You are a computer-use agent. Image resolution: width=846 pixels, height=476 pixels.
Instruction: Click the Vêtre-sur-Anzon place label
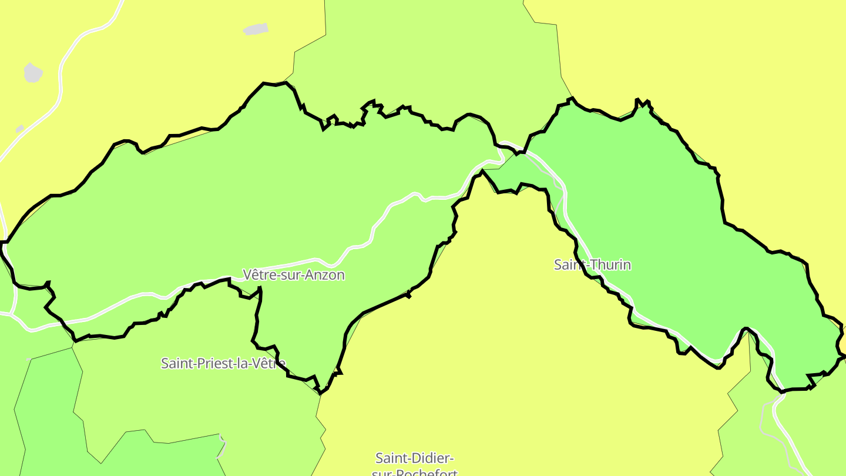(293, 274)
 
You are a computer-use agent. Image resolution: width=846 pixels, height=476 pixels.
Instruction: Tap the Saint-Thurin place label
(592, 264)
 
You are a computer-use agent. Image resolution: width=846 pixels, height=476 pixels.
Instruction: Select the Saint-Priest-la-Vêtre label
(223, 363)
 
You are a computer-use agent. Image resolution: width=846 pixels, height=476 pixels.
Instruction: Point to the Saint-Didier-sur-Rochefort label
(415, 464)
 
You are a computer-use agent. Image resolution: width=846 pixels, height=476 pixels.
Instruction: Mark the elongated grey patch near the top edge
(256, 29)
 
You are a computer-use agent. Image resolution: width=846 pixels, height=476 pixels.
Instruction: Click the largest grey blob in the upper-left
(33, 73)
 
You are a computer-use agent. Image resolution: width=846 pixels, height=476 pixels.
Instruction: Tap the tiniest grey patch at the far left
(19, 129)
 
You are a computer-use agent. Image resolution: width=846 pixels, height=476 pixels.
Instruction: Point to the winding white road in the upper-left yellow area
(62, 76)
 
